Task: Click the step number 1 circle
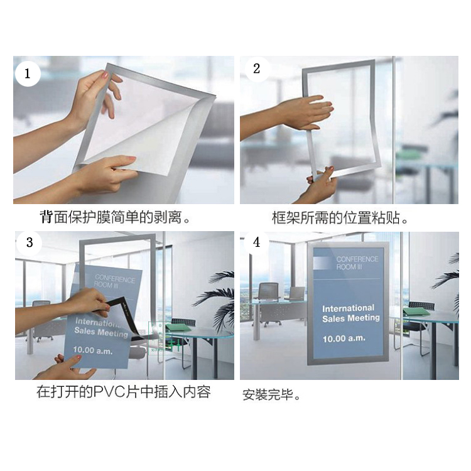click(x=28, y=73)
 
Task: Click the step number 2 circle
click(x=256, y=68)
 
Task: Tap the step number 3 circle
click(x=29, y=242)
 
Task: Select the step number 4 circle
click(x=256, y=242)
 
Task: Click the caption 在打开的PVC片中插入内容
click(x=124, y=392)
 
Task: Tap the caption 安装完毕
click(x=271, y=395)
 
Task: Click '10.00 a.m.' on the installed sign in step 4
click(x=344, y=339)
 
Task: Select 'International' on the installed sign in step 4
click(x=348, y=308)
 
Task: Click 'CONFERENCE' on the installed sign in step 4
click(x=357, y=259)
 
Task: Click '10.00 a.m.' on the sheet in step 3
click(x=93, y=350)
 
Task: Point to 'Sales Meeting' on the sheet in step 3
click(x=101, y=332)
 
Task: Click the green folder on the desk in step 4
click(x=416, y=311)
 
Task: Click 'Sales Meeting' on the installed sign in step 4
click(x=351, y=318)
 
